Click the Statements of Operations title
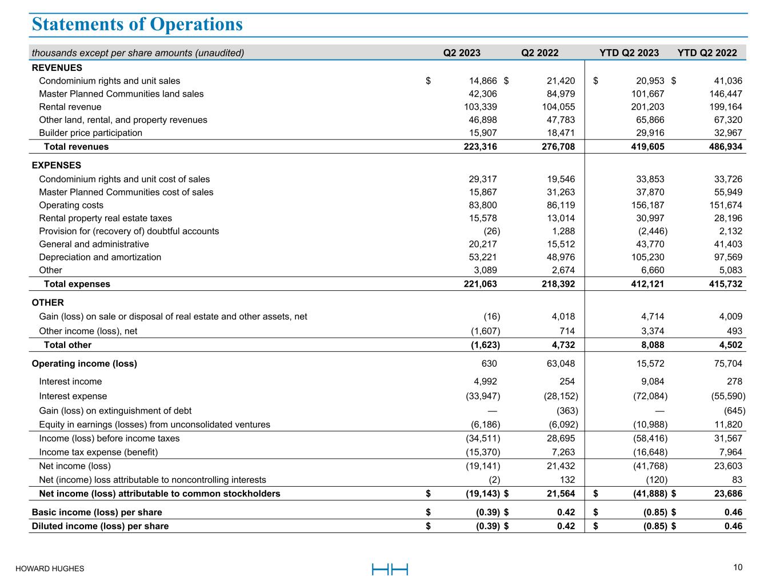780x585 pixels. pyautogui.click(x=137, y=25)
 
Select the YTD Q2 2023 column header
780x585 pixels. pyautogui.click(x=629, y=53)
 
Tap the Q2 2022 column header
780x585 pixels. pyautogui.click(x=539, y=53)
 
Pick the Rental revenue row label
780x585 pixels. pyautogui.click(x=70, y=107)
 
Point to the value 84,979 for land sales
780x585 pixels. pyautogui.click(x=558, y=94)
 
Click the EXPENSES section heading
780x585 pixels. pyautogui.click(x=57, y=166)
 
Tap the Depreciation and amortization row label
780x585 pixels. pyautogui.click(x=100, y=257)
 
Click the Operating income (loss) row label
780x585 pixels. pyautogui.click(x=84, y=363)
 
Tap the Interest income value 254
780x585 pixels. pyautogui.click(x=567, y=382)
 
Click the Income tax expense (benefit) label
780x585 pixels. pyautogui.click(x=98, y=452)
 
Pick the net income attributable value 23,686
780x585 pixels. pyautogui.click(x=725, y=494)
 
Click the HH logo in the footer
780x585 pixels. pyautogui.click(x=390, y=569)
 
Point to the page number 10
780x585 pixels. pyautogui.click(x=738, y=567)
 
